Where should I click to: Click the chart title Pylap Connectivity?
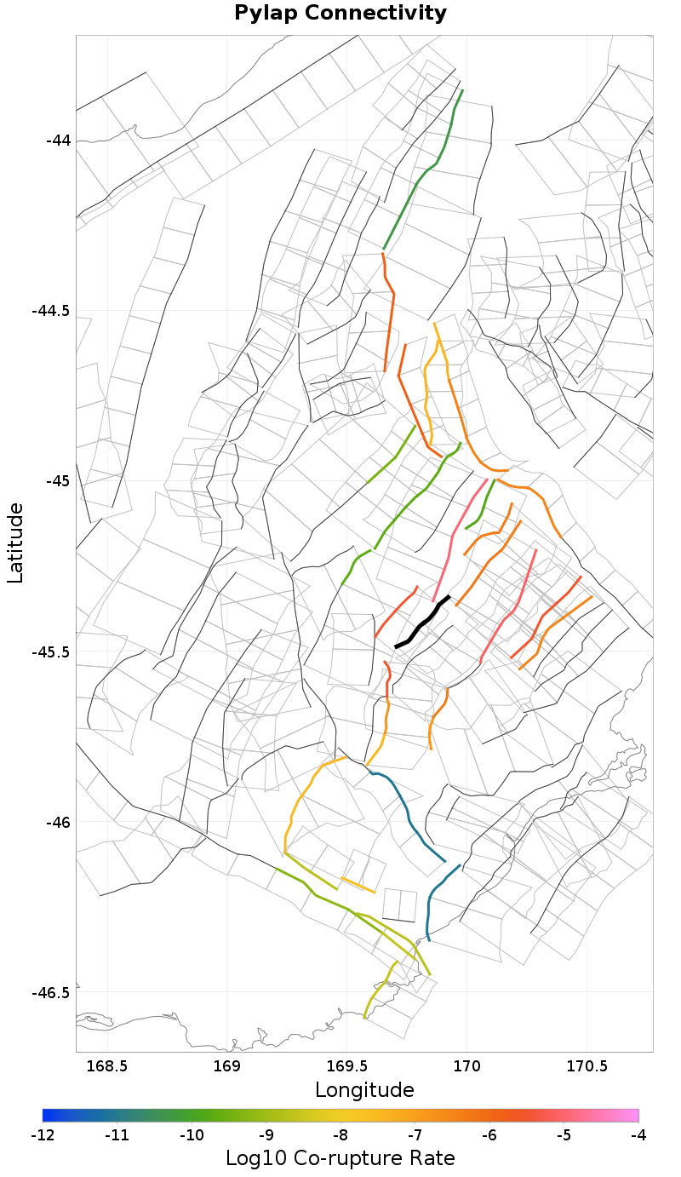click(340, 14)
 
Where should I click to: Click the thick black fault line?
click(423, 621)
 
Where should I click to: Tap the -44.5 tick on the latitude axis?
click(52, 311)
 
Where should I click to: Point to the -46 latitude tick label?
click(57, 823)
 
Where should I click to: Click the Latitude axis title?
click(15, 543)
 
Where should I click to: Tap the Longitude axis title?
click(364, 1090)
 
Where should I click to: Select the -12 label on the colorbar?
click(43, 1135)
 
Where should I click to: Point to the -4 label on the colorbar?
click(638, 1135)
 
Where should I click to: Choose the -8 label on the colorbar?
click(340, 1135)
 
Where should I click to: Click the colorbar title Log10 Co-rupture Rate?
click(340, 1158)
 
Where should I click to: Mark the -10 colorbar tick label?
click(192, 1135)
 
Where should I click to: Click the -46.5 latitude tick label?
click(52, 993)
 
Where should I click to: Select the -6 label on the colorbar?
click(489, 1135)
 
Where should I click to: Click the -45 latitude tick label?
click(57, 481)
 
